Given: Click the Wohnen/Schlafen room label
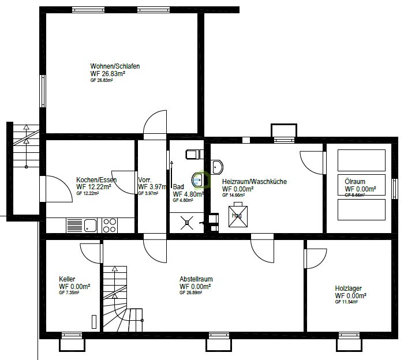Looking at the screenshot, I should [x=115, y=66].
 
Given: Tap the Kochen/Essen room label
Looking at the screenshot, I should [x=96, y=180].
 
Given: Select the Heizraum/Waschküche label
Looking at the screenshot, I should [x=254, y=182].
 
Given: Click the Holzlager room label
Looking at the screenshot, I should [x=349, y=288].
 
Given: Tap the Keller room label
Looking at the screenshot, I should [x=67, y=279].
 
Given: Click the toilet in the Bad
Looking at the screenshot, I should [x=192, y=154].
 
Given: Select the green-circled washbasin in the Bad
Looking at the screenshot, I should [x=199, y=180].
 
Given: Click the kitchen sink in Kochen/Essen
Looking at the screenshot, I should [x=75, y=224].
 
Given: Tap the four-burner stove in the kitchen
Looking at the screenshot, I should [x=110, y=224].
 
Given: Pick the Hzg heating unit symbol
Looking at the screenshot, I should [x=237, y=216].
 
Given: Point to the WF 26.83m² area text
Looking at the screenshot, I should [x=108, y=74].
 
